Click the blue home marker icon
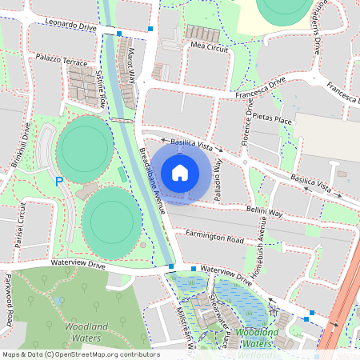[x=180, y=172]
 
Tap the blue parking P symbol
[x=58, y=182]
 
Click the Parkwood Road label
[x=9, y=300]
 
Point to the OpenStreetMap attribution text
[x=80, y=354]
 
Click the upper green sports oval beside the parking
[x=84, y=144]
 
